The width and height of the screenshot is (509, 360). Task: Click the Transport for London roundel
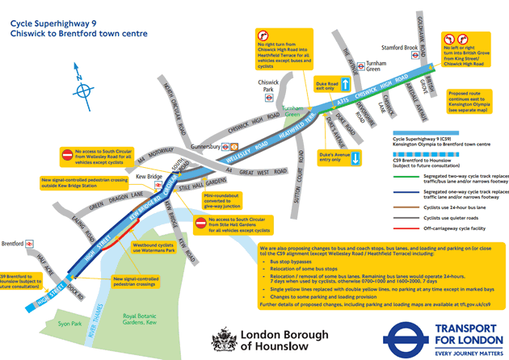coord(409,339)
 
